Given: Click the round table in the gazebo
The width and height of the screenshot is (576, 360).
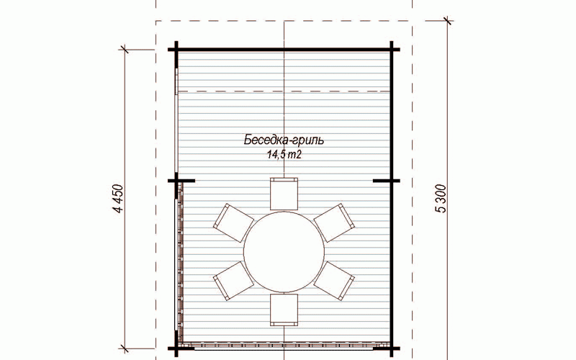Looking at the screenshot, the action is (284, 251).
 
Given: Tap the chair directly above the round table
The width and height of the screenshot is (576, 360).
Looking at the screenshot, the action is (284, 194).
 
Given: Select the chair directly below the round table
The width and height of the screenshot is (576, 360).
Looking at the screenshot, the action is (284, 310).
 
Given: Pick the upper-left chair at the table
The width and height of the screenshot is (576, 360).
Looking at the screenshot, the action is (233, 222).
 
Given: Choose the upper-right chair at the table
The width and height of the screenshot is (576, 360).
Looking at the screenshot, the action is (334, 222).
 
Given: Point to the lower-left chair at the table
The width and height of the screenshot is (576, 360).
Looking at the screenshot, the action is (233, 281).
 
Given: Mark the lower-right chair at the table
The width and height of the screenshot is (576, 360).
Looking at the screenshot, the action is (334, 281).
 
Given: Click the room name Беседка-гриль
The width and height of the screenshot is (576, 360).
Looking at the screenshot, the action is (284, 140).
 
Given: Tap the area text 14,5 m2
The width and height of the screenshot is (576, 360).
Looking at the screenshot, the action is (284, 155).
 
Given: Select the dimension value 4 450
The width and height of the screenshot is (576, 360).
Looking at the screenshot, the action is (119, 199).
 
